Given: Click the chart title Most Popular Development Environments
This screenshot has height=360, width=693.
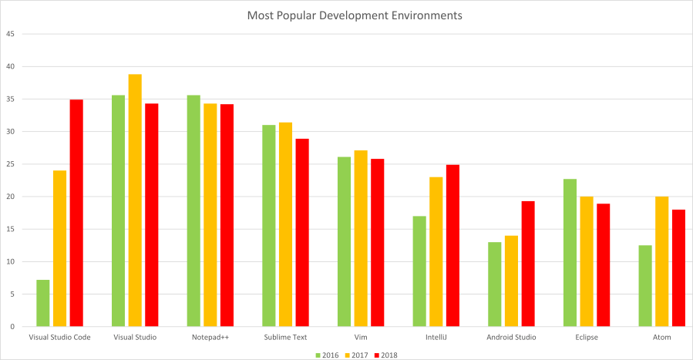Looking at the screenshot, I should point(355,15).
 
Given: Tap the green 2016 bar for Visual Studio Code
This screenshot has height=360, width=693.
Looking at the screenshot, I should point(43,303).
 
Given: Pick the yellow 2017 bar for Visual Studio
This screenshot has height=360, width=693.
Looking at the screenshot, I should point(135,200).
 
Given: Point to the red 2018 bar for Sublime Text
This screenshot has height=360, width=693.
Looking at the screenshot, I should point(302,232).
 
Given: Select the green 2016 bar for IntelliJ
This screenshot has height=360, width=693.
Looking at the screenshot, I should point(419,271).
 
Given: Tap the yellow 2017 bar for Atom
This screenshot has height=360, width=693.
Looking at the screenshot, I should point(661,261).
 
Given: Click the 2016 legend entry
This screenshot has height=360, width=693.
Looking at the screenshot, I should point(328,355).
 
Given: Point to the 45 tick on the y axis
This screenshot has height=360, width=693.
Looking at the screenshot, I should point(11,34).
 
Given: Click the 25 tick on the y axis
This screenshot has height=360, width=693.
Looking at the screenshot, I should point(11,164).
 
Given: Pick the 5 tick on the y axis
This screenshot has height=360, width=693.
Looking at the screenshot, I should point(12,294).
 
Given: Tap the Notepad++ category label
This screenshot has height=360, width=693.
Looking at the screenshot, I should point(210,338).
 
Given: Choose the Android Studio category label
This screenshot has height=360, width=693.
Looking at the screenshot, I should point(512,338).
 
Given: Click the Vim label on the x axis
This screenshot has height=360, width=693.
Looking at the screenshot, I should point(361,338).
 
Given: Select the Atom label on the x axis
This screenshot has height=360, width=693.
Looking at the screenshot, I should point(662,338).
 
